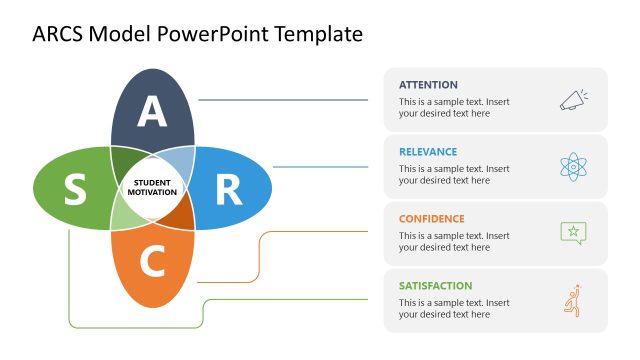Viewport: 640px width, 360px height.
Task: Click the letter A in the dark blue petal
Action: [152, 112]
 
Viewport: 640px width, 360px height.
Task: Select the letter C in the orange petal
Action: [152, 262]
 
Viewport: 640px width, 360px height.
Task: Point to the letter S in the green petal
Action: [75, 188]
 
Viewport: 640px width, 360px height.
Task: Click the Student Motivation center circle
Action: [152, 187]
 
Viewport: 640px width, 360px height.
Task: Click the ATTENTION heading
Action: [428, 85]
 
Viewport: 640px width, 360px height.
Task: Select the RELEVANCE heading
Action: [428, 152]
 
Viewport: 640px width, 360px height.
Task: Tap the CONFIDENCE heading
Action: [432, 219]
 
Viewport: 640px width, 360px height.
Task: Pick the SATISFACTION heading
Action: [435, 286]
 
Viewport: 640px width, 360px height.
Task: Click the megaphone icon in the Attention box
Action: [573, 99]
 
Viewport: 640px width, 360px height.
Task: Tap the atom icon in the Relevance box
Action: [573, 166]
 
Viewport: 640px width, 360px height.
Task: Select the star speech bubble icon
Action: [573, 233]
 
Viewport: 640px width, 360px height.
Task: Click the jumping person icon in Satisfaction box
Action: [573, 300]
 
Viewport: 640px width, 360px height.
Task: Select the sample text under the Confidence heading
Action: [454, 242]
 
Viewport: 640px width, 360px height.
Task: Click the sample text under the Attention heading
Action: [454, 108]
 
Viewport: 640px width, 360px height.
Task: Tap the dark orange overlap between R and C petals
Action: [179, 213]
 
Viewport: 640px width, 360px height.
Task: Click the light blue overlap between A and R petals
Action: [178, 161]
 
